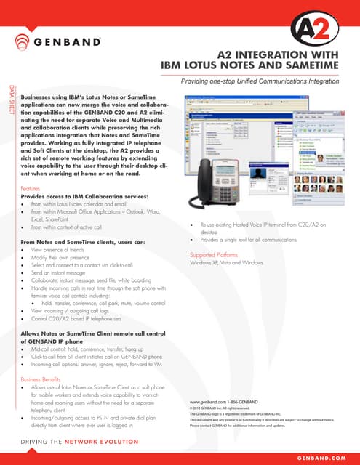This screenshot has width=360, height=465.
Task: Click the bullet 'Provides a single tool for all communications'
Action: click(256, 239)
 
